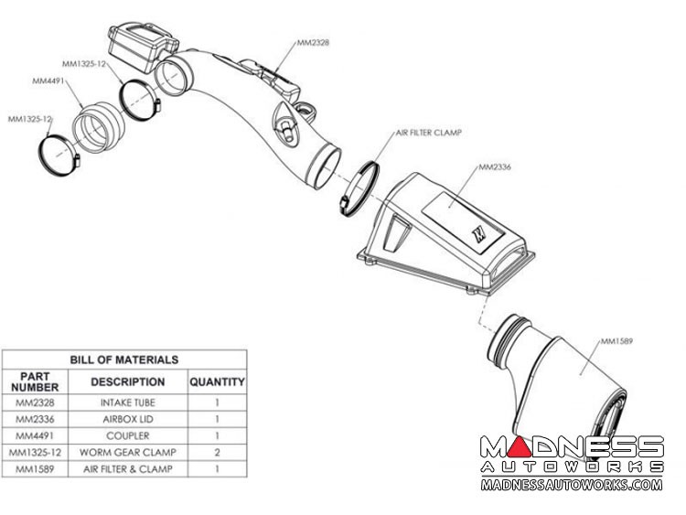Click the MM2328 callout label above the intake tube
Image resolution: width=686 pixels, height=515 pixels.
coord(313,42)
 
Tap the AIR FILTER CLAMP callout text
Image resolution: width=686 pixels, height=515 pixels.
coord(429,132)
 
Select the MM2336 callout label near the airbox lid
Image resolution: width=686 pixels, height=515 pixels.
coord(494,166)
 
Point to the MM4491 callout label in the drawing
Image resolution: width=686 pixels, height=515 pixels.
coord(48,80)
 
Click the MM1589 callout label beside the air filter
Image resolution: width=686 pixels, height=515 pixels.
coord(616,341)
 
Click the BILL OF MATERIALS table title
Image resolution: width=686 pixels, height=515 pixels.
coord(124,359)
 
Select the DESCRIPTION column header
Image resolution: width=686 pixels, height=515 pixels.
coord(128,381)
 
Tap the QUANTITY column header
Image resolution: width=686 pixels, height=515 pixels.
coord(217,382)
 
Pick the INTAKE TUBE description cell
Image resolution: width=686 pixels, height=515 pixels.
coord(128,402)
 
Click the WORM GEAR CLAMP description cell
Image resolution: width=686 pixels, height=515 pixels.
coord(128,453)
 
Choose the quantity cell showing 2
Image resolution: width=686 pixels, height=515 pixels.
coord(217,453)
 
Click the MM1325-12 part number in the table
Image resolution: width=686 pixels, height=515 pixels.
coord(35,453)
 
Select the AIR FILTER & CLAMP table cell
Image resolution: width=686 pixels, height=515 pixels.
coord(128,469)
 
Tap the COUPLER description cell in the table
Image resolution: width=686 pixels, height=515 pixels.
coord(128,435)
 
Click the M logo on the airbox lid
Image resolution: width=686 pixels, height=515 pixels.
coord(478,232)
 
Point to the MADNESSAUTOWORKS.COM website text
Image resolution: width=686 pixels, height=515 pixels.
coord(572,485)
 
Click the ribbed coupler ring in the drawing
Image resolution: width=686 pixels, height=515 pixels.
coord(99,127)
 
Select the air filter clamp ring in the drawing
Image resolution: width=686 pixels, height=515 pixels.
coord(359,189)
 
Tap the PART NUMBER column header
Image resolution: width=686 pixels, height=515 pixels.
coord(35,381)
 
